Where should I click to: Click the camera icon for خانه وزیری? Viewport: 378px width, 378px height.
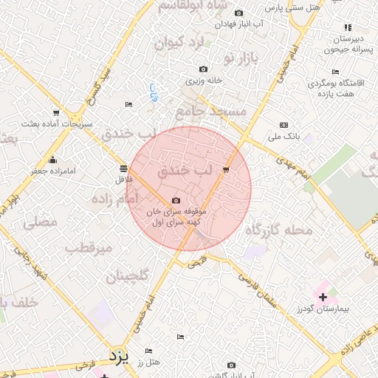[203, 69]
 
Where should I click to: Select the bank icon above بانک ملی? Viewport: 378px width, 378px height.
[284, 125]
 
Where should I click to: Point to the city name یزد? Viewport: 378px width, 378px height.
[118, 357]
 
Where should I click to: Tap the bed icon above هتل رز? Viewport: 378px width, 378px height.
[148, 351]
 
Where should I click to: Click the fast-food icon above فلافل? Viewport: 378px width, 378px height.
[121, 168]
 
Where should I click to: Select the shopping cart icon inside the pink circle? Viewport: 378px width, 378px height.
[225, 170]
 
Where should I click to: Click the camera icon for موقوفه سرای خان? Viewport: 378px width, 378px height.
[176, 200]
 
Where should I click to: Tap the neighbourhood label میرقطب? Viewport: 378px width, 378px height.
[88, 247]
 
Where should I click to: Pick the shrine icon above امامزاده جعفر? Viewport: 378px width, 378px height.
[52, 160]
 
